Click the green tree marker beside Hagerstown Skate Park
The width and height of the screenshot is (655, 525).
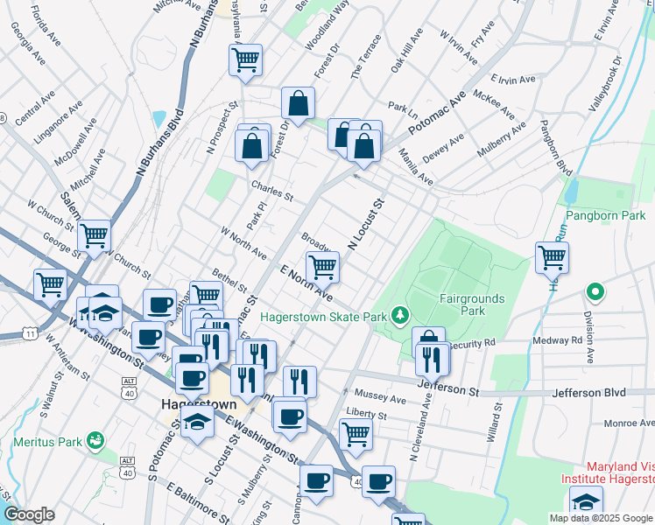coord(399,313)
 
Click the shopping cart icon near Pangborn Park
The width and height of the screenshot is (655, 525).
coord(552,257)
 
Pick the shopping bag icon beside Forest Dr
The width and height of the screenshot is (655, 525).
coord(299,103)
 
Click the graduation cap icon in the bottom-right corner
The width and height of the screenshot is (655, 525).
coord(586,502)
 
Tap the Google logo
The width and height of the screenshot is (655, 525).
coord(29,514)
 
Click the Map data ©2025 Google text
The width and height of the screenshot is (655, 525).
coord(601,518)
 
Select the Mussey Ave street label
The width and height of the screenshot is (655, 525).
coord(382,398)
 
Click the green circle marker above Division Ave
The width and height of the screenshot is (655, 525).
coord(595,291)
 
